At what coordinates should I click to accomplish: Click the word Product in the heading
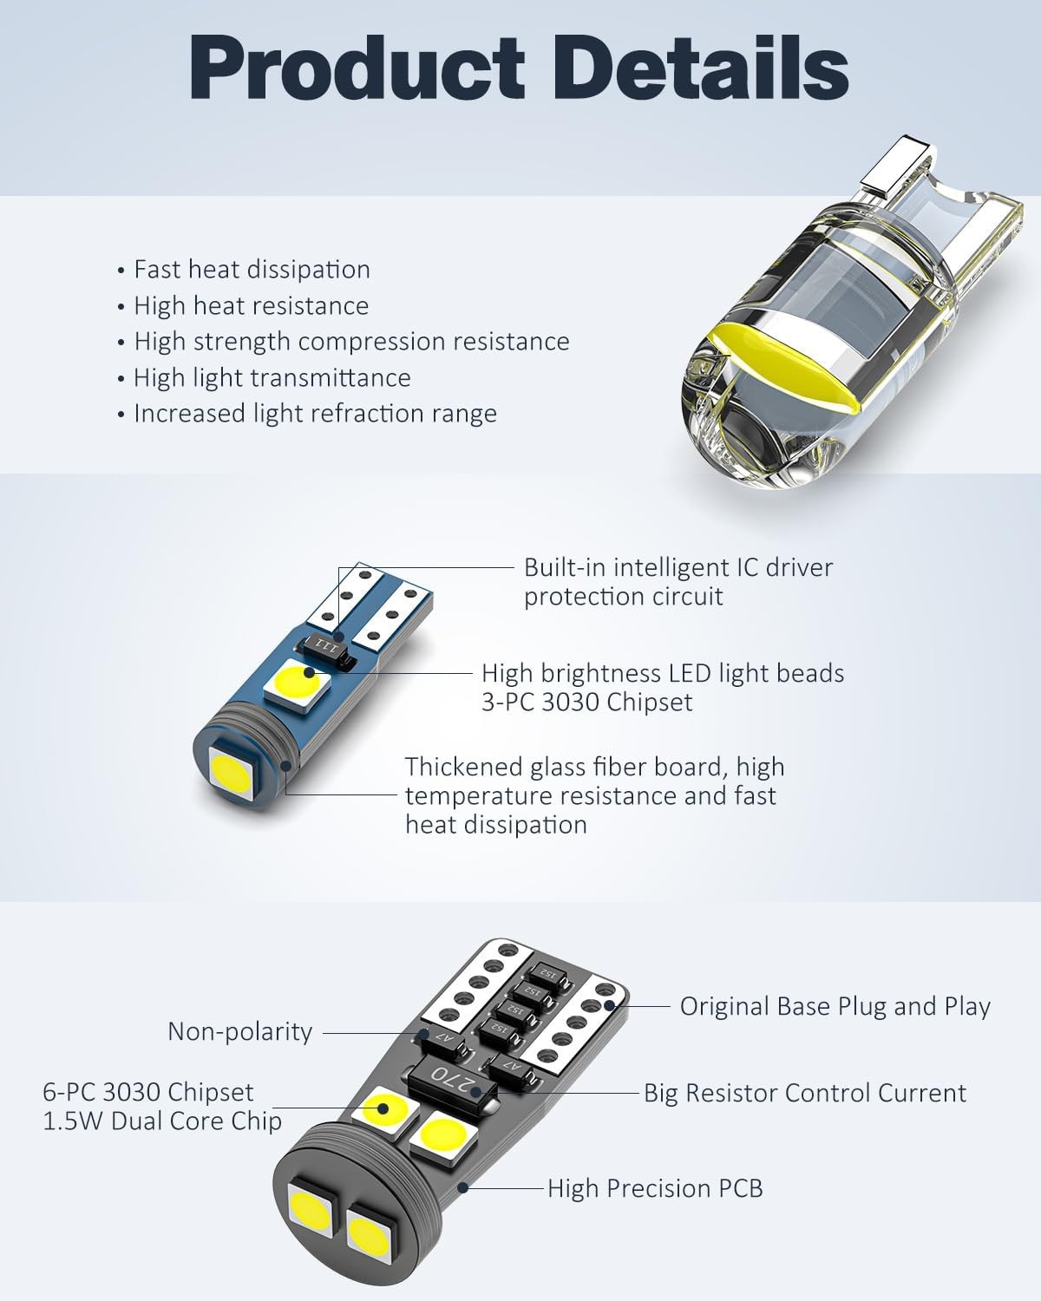(x=357, y=69)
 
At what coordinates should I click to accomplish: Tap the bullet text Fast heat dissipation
(x=252, y=270)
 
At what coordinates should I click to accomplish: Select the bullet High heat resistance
(x=251, y=306)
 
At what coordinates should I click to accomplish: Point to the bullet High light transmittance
(x=272, y=378)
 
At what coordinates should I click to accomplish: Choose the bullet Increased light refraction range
(x=315, y=414)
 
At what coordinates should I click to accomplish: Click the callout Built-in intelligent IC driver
(x=678, y=568)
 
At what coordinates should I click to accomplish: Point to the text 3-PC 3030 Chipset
(x=586, y=702)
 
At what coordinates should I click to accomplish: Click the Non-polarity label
(x=239, y=1031)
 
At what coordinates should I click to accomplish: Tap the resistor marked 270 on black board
(x=453, y=1076)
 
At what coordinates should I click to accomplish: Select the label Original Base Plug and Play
(x=835, y=1007)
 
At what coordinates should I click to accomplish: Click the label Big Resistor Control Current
(x=805, y=1093)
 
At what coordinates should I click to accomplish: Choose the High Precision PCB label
(x=655, y=1188)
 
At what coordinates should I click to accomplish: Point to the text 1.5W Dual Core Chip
(x=162, y=1121)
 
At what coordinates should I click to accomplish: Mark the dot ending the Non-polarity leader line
(x=425, y=1033)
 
